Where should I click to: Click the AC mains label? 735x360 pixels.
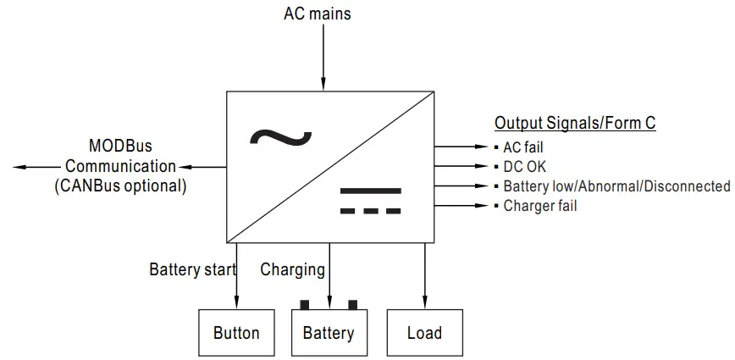[318, 14]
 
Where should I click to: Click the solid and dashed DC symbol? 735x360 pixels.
[370, 200]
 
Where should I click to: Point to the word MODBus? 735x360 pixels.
[120, 147]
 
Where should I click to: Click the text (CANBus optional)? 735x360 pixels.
[120, 185]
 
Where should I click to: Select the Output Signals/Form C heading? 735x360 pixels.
[574, 123]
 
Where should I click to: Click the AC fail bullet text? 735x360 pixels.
[522, 147]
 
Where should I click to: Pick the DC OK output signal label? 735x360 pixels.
[524, 167]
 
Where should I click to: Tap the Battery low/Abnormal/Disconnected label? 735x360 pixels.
[616, 186]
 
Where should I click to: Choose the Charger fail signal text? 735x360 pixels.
[539, 206]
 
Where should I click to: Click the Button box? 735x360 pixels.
[236, 333]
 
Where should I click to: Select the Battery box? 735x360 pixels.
[329, 333]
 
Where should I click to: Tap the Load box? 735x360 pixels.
[424, 333]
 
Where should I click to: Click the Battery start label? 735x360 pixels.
[192, 270]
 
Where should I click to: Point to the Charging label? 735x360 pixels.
[292, 270]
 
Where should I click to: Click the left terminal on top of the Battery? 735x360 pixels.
[304, 305]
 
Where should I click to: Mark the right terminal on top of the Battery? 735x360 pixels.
[353, 305]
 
